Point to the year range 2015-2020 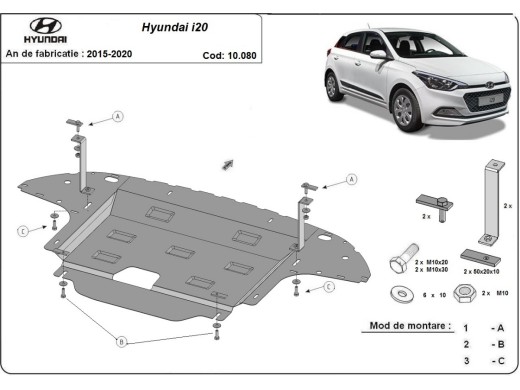click(109, 52)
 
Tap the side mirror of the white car click(377, 56)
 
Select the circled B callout click(122, 342)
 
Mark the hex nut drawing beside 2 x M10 click(463, 293)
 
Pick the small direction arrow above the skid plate click(228, 161)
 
